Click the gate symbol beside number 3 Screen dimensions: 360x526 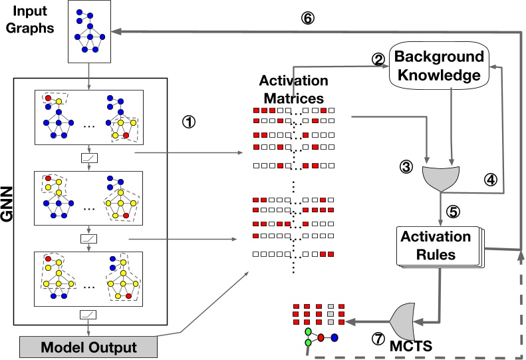point(440,178)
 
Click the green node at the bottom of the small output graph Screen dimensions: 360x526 point(307,343)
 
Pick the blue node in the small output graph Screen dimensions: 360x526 point(334,337)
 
